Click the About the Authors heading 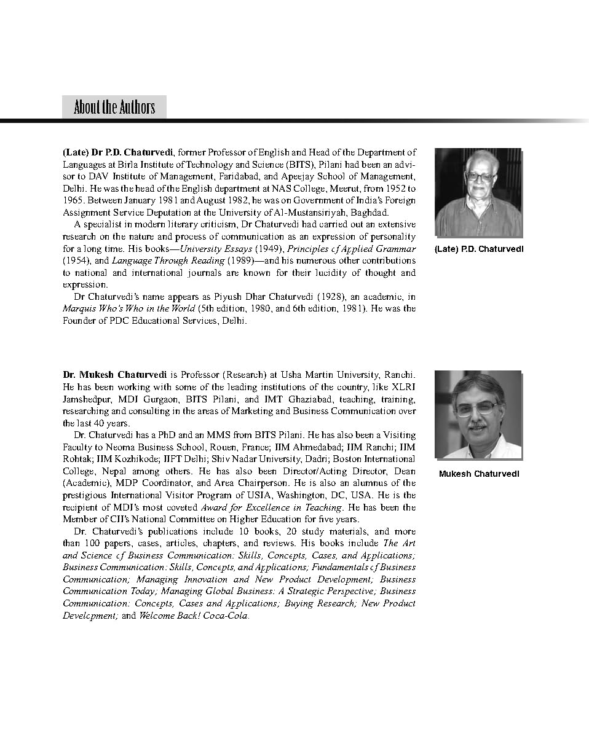coord(114,108)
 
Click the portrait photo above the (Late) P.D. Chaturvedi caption coord(478,192)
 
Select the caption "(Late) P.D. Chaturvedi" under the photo coord(478,249)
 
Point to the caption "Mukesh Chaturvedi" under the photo coord(479,474)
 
